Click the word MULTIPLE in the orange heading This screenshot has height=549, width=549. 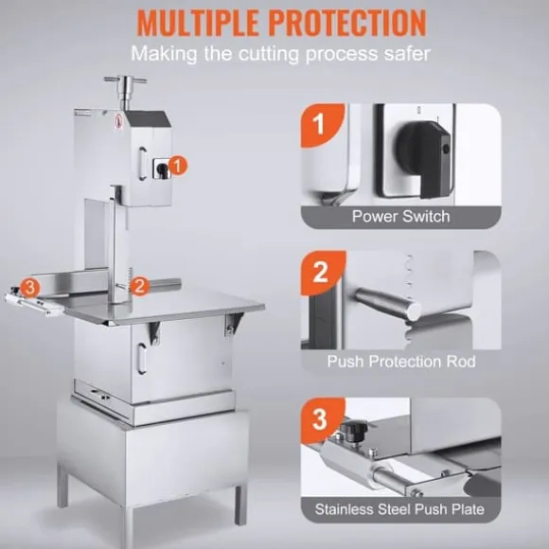coord(198,23)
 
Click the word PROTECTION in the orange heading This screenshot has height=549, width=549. coord(348,23)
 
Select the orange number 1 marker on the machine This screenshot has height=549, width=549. coord(178,166)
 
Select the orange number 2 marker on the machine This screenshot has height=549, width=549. coord(139,286)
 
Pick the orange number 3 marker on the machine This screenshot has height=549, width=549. coord(30,288)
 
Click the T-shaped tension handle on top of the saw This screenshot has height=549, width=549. coord(125,90)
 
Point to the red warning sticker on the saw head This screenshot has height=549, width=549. coord(118,122)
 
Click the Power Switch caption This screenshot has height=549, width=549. coord(401,216)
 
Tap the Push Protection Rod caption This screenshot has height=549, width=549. coord(401,362)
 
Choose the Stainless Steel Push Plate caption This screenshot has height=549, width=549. coord(399,509)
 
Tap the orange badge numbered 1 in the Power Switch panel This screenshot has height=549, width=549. coord(322,125)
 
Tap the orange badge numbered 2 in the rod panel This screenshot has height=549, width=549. coord(323,273)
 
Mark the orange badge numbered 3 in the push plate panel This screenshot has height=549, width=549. coord(322,419)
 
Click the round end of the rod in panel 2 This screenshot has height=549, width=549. coord(414,311)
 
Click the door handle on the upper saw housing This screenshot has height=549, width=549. coord(142,164)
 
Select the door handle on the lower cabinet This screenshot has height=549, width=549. coord(141,359)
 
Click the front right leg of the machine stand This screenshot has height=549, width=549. coord(240,505)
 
